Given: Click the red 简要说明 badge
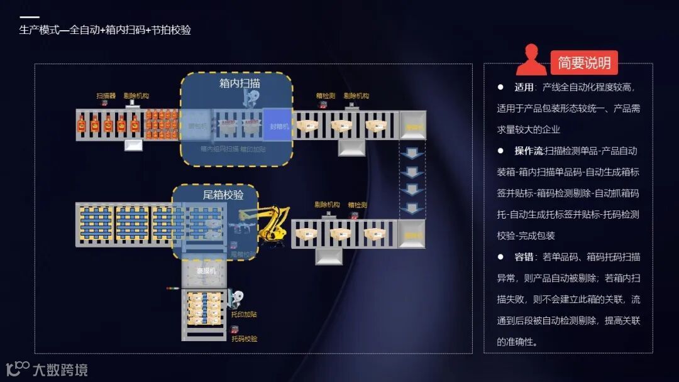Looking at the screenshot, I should pyautogui.click(x=584, y=63).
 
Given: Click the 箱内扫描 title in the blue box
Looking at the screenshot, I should pyautogui.click(x=240, y=83).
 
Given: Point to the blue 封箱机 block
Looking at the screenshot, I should pyautogui.click(x=277, y=125).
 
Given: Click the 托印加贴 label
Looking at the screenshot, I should pyautogui.click(x=244, y=314).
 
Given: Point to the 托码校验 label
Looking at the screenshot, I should pyautogui.click(x=244, y=339).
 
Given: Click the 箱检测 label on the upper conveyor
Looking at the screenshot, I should pyautogui.click(x=326, y=96).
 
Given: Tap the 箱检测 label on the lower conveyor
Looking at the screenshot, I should pyautogui.click(x=357, y=205).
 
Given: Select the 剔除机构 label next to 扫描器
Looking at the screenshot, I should pyautogui.click(x=136, y=96).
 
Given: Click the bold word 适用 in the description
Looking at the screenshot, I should pyautogui.click(x=524, y=87).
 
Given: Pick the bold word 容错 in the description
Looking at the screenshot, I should pyautogui.click(x=524, y=257).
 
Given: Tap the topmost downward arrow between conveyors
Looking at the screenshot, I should pyautogui.click(x=412, y=153).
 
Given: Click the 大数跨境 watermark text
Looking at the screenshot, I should pyautogui.click(x=60, y=370).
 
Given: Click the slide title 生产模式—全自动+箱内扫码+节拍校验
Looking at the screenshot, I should pyautogui.click(x=105, y=30).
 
